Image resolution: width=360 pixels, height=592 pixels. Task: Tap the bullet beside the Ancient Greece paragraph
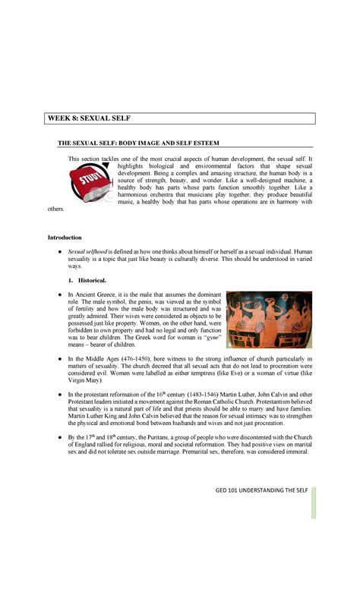tap(58, 294)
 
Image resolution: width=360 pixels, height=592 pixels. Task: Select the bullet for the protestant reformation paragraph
tap(58, 395)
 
